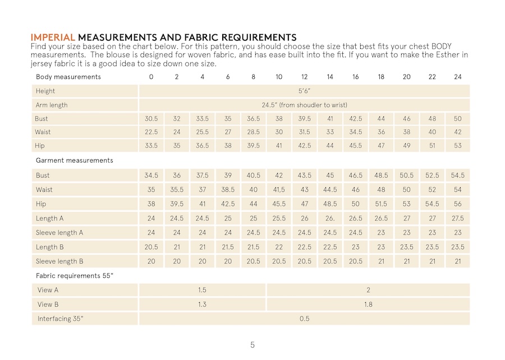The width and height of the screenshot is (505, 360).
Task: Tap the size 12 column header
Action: point(304,77)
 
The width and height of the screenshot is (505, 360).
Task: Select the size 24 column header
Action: point(457,77)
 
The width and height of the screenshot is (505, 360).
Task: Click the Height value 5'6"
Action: point(304,91)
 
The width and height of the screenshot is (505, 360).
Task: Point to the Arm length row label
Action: point(52,105)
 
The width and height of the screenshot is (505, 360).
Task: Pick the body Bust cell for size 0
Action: point(151,119)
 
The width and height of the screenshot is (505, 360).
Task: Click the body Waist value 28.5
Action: point(254,132)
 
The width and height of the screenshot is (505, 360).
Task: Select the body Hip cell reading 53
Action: point(457,146)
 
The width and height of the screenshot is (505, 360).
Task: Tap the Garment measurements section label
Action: point(75,160)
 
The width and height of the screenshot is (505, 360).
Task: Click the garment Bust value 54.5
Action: point(457,176)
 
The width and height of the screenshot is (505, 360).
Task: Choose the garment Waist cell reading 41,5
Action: point(279,190)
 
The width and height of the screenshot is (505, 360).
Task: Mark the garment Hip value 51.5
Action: point(381,204)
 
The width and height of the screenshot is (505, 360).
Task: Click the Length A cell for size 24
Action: point(457,219)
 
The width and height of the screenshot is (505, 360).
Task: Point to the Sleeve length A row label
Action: point(59,233)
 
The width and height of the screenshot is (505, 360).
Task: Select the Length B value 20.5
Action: point(151,247)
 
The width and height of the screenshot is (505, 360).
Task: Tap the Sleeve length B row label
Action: point(59,261)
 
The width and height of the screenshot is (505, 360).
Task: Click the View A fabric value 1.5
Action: point(202,290)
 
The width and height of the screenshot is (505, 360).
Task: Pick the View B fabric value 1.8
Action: point(368,304)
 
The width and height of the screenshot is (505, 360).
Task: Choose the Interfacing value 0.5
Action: point(304,319)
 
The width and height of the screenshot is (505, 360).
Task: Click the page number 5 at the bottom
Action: point(252,345)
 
